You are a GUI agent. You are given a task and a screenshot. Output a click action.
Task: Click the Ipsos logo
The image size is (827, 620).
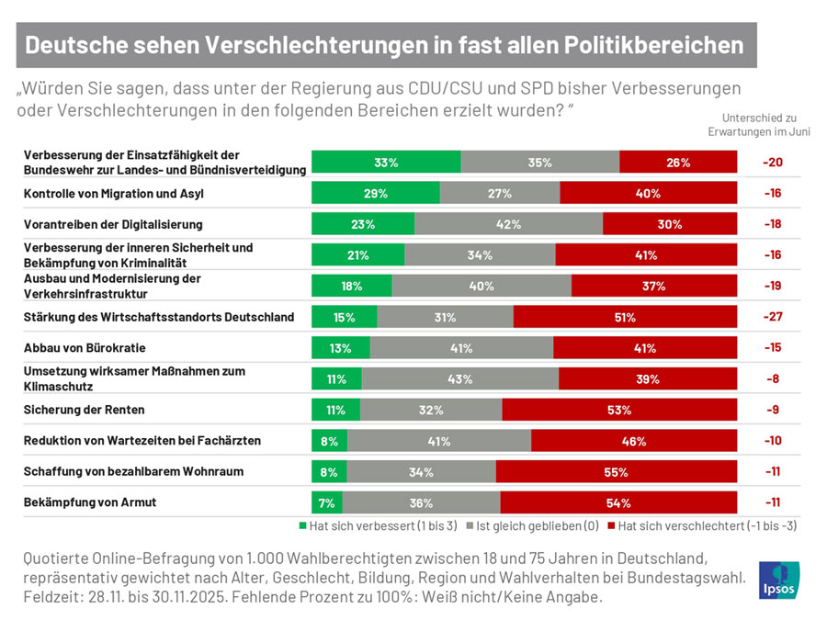coord(779,581)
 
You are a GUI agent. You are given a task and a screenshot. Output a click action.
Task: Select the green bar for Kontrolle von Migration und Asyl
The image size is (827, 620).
coord(375,193)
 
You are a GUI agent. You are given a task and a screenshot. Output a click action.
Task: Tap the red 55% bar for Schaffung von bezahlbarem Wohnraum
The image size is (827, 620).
coord(616,472)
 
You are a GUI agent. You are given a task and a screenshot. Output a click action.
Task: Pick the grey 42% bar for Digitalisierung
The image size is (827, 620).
coord(508,224)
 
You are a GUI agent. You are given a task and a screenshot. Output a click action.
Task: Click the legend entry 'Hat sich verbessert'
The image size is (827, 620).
coord(379,526)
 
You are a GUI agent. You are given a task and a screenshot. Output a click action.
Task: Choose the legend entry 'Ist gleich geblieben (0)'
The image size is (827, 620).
coord(534,526)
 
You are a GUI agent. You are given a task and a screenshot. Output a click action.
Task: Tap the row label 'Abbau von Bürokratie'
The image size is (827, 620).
coord(85,348)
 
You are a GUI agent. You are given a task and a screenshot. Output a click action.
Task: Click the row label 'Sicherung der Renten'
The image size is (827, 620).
coord(84,410)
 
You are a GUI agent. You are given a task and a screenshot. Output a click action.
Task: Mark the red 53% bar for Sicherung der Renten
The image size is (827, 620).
coord(618,410)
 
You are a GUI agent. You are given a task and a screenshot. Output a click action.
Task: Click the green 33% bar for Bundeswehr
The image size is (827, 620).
coord(386,163)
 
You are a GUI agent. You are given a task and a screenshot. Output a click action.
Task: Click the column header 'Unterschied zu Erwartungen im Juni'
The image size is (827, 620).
coord(759,124)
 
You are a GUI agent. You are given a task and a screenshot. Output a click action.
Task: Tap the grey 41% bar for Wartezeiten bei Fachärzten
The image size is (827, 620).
coord(438,441)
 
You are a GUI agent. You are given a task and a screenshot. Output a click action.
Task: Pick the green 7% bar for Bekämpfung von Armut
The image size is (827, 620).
coord(327,502)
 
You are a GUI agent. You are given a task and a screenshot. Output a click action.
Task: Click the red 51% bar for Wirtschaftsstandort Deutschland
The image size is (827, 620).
coord(625,317)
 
